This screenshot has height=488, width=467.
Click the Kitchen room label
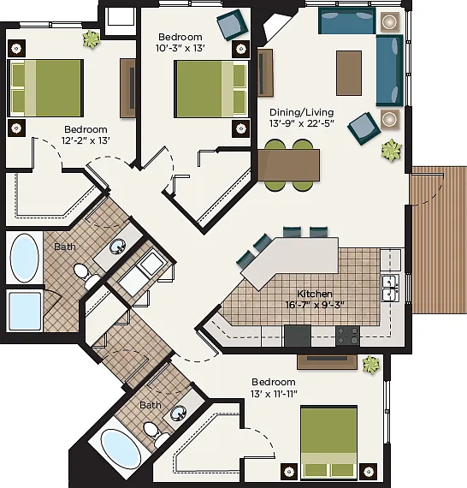point(315,294)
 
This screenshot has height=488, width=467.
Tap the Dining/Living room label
point(302,112)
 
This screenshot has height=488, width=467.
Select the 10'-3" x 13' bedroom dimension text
point(180,48)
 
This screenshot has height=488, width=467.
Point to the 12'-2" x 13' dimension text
point(86,140)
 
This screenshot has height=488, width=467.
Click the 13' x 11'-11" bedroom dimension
point(274,394)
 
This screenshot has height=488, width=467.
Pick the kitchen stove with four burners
point(347,336)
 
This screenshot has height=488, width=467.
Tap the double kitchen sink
point(391,288)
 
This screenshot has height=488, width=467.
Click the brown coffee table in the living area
point(349,73)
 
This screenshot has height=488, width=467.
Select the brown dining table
point(289,165)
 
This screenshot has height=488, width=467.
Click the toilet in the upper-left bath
point(85,275)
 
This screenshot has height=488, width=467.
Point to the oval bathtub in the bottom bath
point(121,449)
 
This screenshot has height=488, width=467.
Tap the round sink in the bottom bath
point(179,413)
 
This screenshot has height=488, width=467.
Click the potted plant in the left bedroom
point(92,39)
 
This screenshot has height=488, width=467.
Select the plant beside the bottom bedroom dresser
point(371,365)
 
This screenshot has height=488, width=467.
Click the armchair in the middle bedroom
point(233,25)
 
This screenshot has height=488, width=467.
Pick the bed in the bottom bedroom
point(329,442)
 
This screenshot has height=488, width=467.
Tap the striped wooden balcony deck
point(440,240)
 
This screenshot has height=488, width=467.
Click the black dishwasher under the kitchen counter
point(298,336)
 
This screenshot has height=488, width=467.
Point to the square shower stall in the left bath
point(25,312)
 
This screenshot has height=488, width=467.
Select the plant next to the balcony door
point(392,151)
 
